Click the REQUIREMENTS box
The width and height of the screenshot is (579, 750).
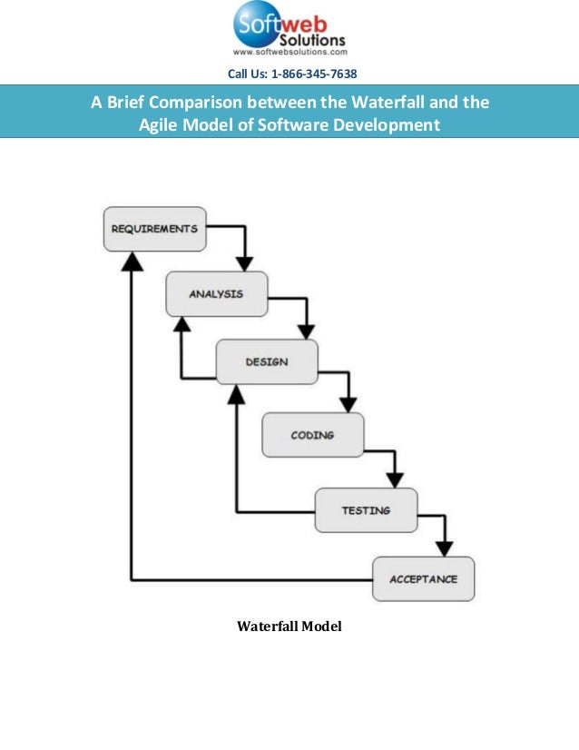154,229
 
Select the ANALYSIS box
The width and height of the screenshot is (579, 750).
216,293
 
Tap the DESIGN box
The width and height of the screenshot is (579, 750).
266,361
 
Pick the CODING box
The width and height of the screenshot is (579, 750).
312,435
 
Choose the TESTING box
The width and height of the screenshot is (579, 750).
366,509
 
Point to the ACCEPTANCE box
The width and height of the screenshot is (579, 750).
423,578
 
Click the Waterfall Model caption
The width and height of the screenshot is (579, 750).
289,627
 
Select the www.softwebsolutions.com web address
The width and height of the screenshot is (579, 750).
290,53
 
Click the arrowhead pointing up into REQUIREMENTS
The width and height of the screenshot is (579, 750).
132,261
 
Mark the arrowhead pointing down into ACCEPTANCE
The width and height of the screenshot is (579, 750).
443,548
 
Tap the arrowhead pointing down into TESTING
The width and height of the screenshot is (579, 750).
395,479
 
